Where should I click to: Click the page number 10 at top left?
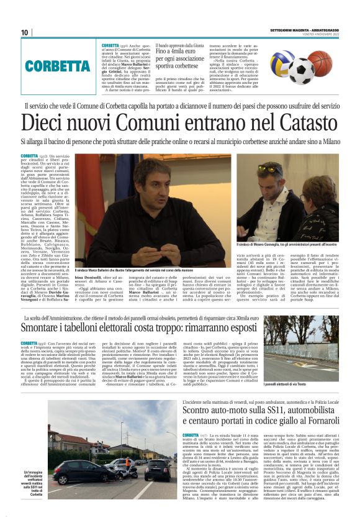[x=25, y=32]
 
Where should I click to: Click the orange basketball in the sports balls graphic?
[x=322, y=62]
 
